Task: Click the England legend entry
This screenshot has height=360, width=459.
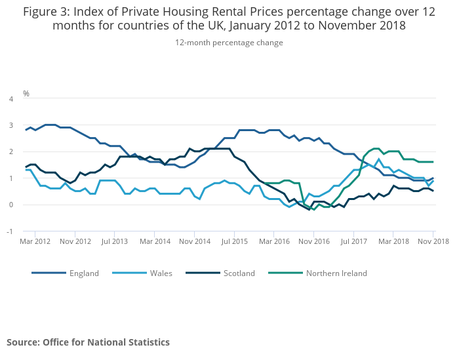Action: (83, 273)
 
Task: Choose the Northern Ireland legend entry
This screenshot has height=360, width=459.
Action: (336, 273)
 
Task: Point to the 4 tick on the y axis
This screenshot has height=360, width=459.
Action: (10, 99)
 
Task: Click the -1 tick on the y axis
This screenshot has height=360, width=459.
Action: (10, 231)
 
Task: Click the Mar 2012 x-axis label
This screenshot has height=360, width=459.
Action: (35, 242)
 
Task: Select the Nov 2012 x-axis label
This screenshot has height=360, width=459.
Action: (75, 242)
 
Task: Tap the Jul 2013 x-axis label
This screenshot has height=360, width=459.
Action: (115, 242)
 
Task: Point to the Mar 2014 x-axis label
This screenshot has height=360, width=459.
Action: (155, 242)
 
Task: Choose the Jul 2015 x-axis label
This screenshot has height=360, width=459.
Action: (235, 242)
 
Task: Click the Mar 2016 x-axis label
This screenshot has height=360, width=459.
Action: (275, 242)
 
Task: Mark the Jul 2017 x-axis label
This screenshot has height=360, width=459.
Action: (354, 242)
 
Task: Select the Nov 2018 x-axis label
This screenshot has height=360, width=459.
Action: (434, 242)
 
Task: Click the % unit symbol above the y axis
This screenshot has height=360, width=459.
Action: (26, 93)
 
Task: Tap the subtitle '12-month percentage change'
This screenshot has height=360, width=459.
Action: (229, 43)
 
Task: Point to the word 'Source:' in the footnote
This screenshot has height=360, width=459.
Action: (24, 342)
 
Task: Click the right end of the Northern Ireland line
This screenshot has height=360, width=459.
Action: (433, 162)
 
